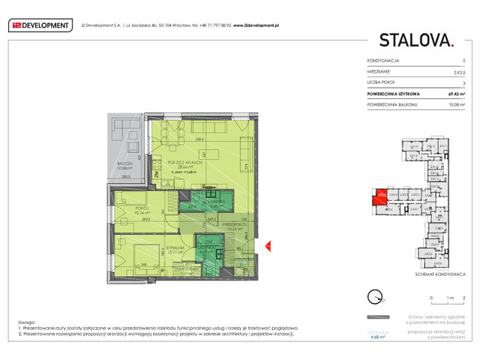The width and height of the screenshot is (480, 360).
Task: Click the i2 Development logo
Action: click(x=40, y=25)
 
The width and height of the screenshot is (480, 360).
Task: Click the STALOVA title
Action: click(x=416, y=40)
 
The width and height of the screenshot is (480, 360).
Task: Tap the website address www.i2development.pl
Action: click(x=251, y=25)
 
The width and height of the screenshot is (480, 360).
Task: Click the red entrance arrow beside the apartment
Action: click(x=268, y=245)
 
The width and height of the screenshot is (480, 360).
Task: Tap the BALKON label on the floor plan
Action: click(x=124, y=164)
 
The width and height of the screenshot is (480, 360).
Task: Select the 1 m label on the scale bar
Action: click(x=448, y=298)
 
